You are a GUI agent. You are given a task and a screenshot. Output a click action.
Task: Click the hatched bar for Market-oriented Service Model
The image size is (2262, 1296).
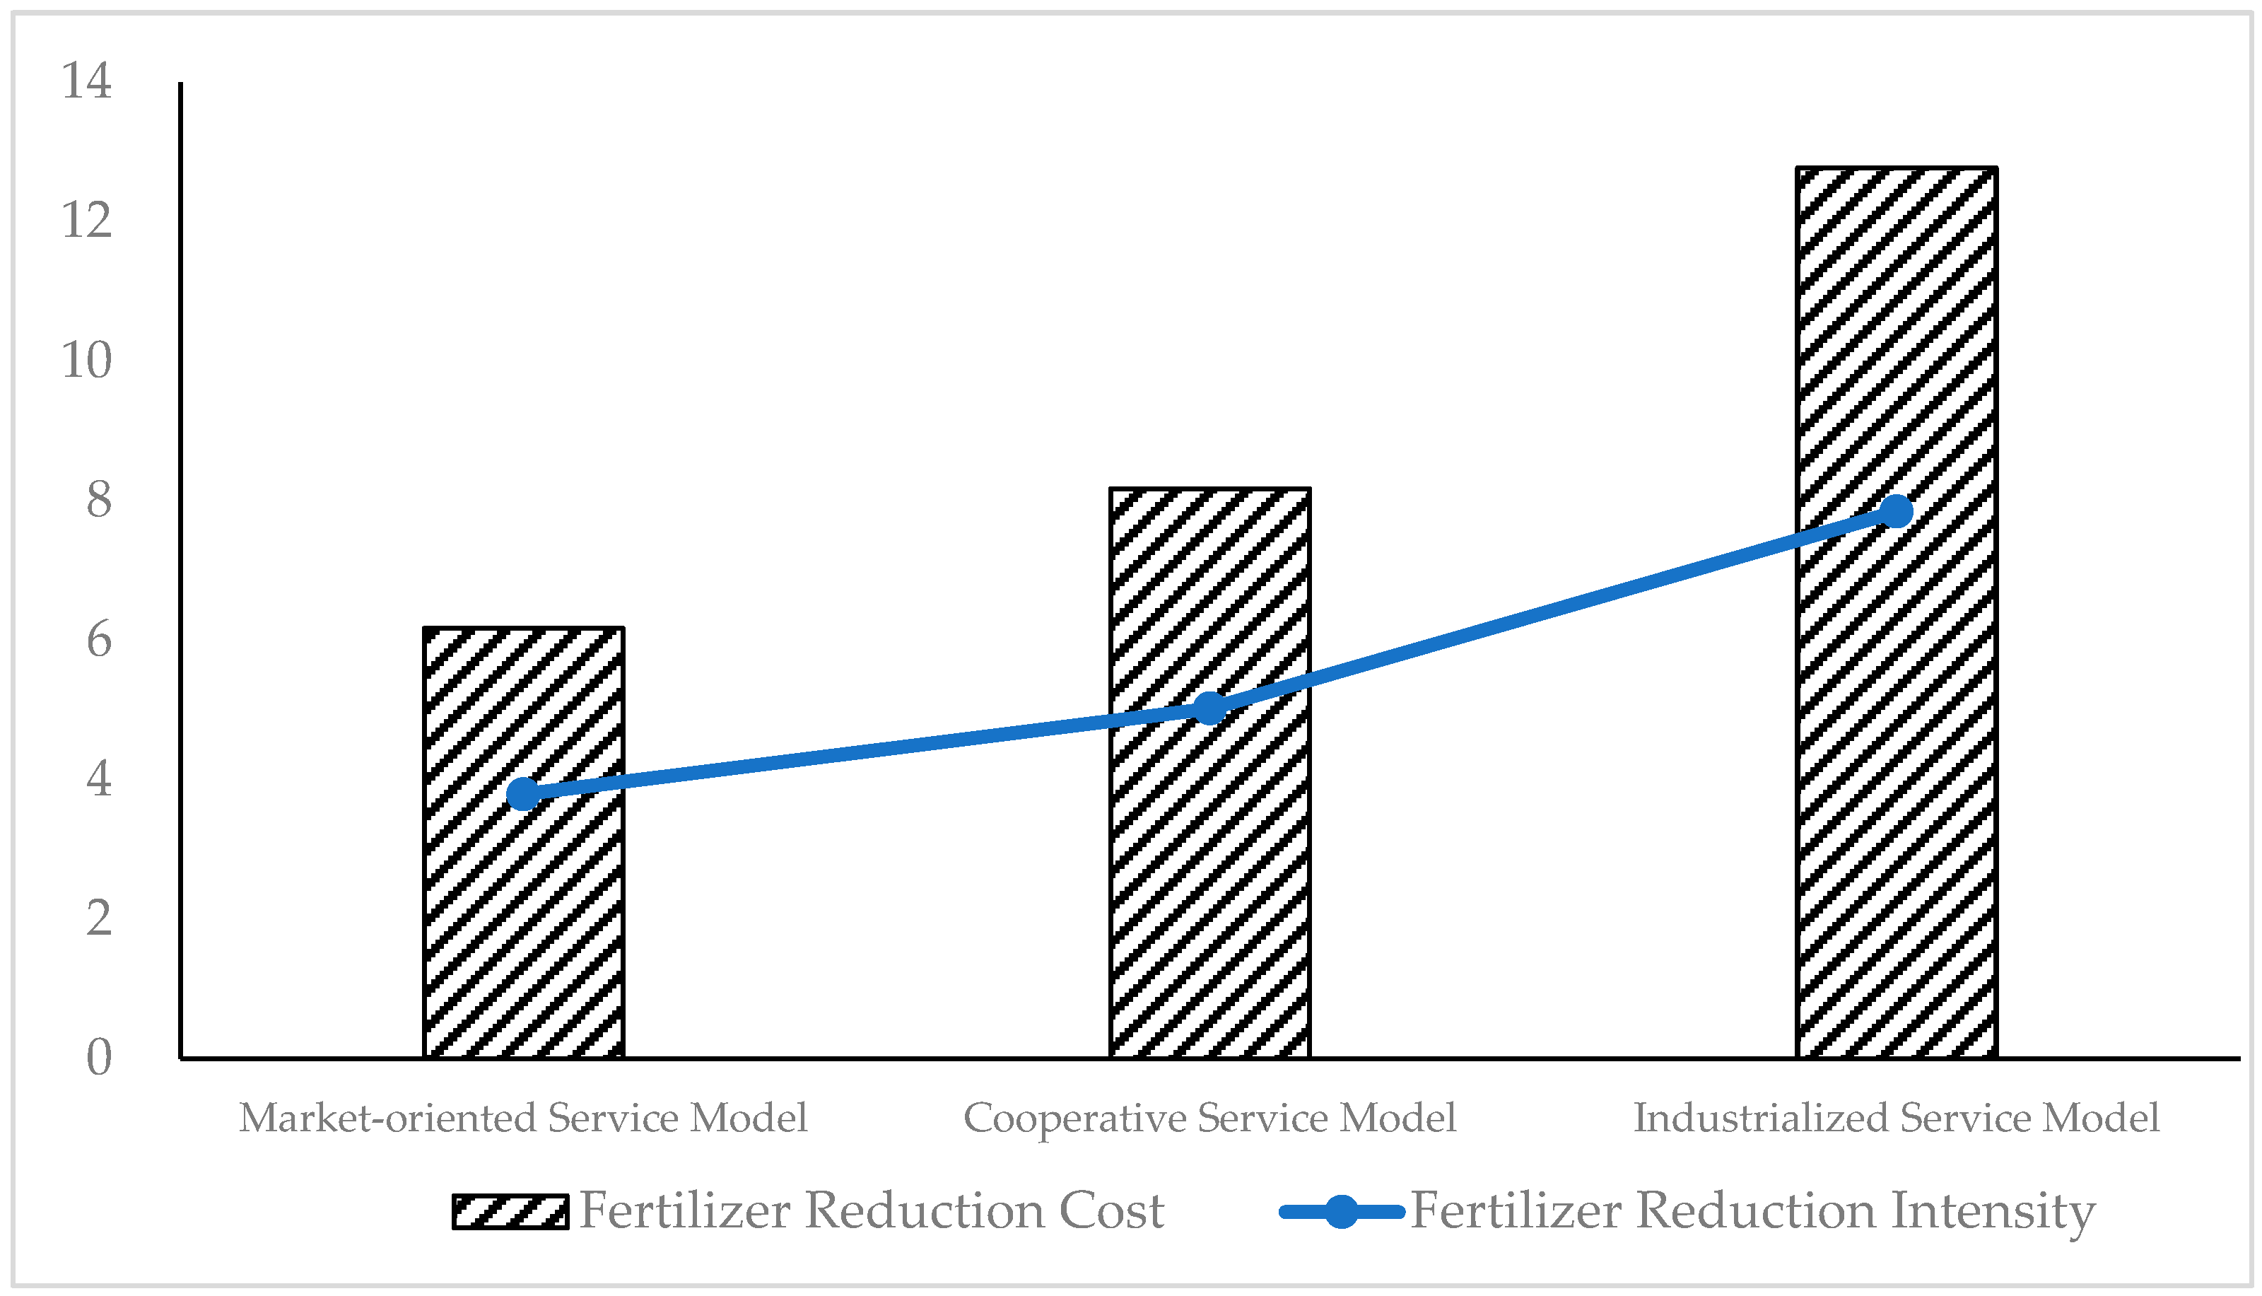(x=523, y=926)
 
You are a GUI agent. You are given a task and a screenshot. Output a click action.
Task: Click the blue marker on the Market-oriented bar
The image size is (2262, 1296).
(x=523, y=793)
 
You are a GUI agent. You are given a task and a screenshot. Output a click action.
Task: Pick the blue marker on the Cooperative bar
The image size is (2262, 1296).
(x=1209, y=708)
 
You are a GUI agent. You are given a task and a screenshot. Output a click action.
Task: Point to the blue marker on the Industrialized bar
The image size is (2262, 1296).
(x=1897, y=511)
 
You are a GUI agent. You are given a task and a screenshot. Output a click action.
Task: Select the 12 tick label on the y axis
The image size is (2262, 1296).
(x=86, y=220)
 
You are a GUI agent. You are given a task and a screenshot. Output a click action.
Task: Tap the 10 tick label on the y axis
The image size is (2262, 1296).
(x=86, y=360)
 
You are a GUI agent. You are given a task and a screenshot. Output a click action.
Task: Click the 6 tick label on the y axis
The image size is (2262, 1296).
(x=99, y=639)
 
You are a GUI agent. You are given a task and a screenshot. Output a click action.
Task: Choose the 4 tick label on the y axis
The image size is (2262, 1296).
(x=99, y=779)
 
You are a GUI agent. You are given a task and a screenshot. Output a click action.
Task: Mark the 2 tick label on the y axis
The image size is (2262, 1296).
(x=99, y=918)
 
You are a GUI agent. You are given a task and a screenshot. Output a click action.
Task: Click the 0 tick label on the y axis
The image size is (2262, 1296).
(x=99, y=1058)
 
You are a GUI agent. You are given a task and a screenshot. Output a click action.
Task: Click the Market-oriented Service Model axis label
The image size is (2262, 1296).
(x=523, y=1118)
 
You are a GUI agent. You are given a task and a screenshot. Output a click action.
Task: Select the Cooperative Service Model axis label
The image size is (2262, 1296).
(x=1209, y=1118)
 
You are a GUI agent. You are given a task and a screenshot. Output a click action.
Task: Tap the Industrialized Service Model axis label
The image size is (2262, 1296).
(x=1897, y=1118)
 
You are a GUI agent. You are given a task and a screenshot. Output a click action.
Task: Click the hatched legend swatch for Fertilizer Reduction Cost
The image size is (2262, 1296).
(x=510, y=1211)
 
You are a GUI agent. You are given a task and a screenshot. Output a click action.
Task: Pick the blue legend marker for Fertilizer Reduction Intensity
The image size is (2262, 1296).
(x=1341, y=1211)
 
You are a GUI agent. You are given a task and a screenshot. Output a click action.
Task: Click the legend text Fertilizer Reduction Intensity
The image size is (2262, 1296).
(x=1753, y=1211)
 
